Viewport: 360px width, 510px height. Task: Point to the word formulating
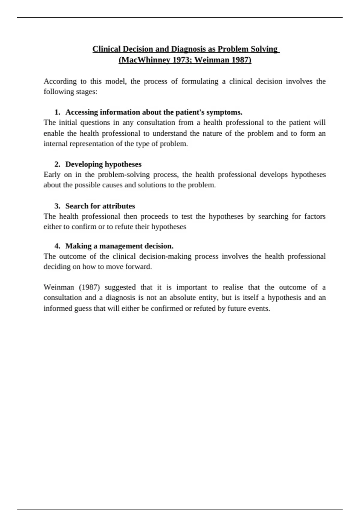coord(200,81)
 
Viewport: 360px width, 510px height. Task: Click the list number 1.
coord(57,112)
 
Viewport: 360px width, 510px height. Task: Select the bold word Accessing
coord(82,112)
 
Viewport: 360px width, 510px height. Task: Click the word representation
coord(92,144)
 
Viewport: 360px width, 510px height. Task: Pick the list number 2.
coord(57,164)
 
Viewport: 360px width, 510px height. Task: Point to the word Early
coord(52,175)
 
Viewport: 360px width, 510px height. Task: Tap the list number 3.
coord(57,206)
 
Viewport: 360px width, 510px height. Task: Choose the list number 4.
coord(57,246)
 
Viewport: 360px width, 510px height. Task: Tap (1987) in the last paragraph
coord(89,287)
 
